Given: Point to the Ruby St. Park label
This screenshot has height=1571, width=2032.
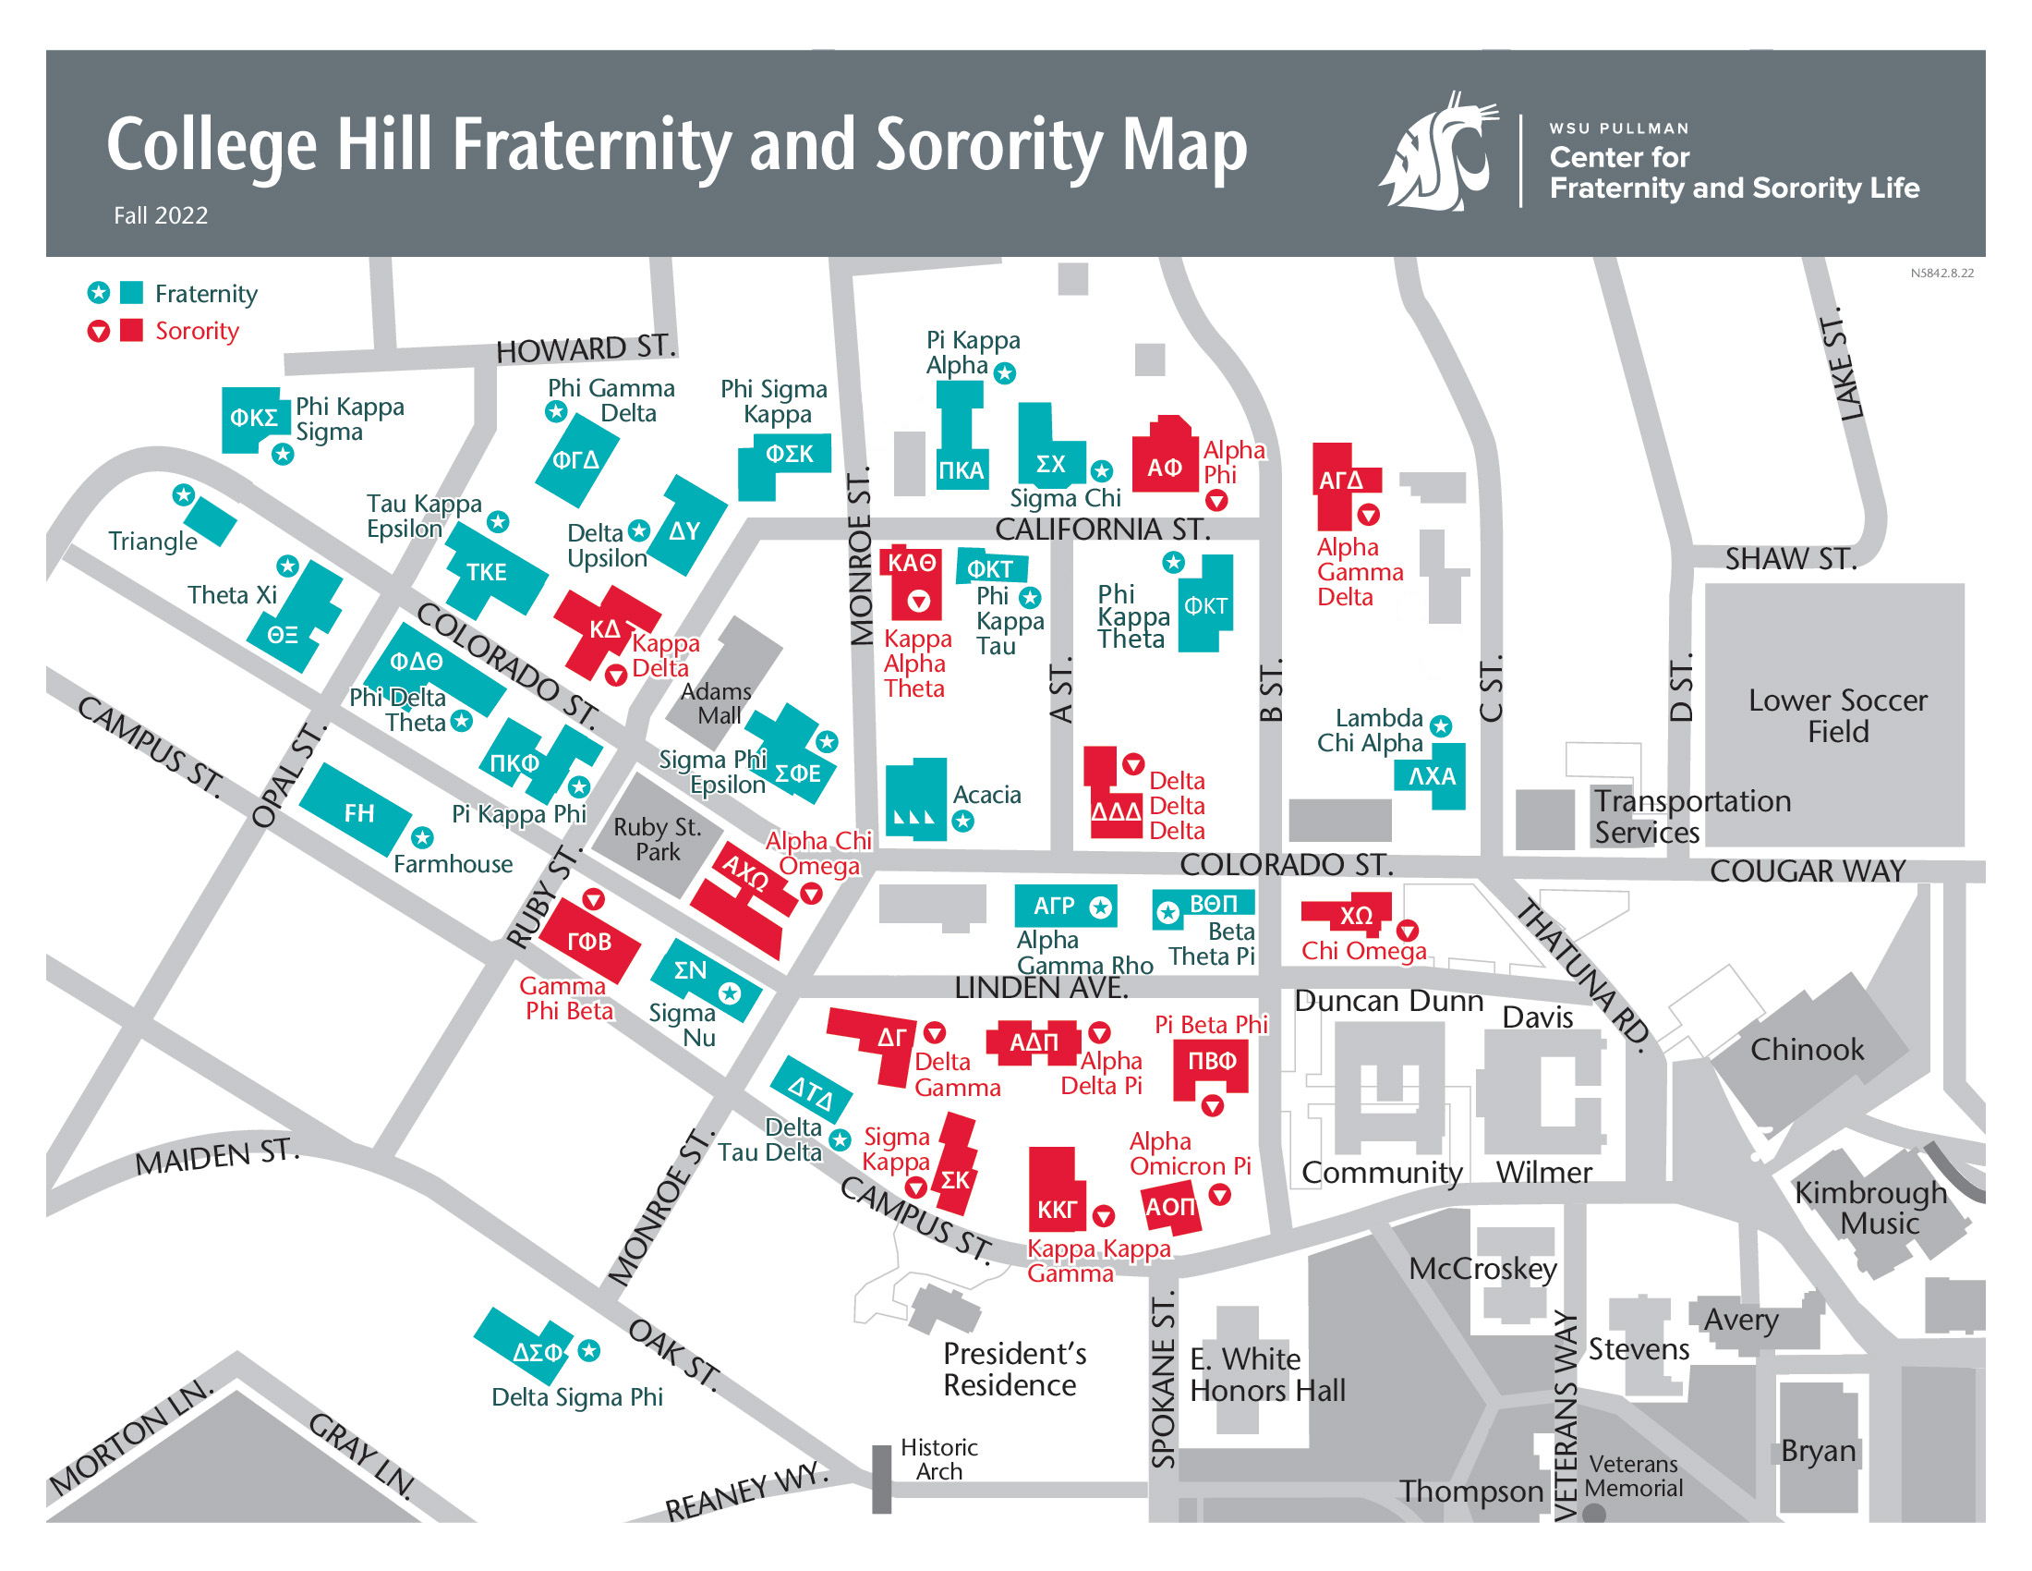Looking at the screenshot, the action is coord(657,838).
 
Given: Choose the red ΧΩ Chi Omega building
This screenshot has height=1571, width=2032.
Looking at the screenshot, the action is coord(1350,916).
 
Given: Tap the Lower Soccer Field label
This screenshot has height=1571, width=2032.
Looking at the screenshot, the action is coord(1836,714).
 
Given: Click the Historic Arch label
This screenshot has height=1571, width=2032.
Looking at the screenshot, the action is coord(938,1458).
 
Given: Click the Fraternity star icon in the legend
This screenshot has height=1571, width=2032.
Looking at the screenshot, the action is coord(99,293).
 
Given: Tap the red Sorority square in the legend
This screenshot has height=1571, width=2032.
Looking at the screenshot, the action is coord(132,331).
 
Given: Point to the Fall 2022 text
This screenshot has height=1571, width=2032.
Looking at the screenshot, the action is coord(161,215).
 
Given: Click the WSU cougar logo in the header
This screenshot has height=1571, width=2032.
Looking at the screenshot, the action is coord(1439,152).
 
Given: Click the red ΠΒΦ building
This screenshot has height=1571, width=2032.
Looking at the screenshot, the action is coord(1211,1068).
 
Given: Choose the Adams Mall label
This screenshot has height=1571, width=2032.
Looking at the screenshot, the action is coord(717,703).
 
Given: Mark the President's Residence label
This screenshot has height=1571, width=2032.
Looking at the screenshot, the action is coord(1015,1368).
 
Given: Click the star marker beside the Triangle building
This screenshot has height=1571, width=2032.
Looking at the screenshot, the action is coord(184,495).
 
